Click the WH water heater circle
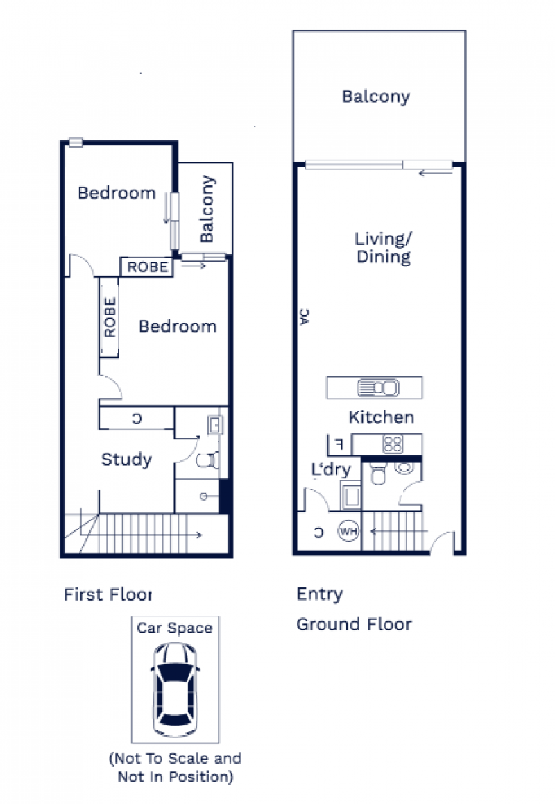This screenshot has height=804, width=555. pyautogui.click(x=348, y=531)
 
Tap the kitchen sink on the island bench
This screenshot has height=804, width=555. pyautogui.click(x=377, y=387)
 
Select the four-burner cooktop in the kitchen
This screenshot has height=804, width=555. pyautogui.click(x=393, y=444)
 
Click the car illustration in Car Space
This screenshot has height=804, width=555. pyautogui.click(x=176, y=689)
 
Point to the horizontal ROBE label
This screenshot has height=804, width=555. pyautogui.click(x=148, y=267)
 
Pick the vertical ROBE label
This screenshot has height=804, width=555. pyautogui.click(x=110, y=317)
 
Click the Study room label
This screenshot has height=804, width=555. pyautogui.click(x=126, y=460)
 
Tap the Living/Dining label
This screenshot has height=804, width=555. pyautogui.click(x=384, y=248)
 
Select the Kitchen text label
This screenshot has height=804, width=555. pyautogui.click(x=382, y=417)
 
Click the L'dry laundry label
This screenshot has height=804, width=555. pyautogui.click(x=331, y=469)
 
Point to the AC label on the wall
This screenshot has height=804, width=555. pyautogui.click(x=305, y=317)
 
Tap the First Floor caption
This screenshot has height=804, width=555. pyautogui.click(x=108, y=594)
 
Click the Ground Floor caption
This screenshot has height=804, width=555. pyautogui.click(x=354, y=625)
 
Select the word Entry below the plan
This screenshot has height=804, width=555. pyautogui.click(x=320, y=594)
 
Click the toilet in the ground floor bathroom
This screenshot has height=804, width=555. pyautogui.click(x=378, y=473)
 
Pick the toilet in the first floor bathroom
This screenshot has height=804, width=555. pyautogui.click(x=207, y=460)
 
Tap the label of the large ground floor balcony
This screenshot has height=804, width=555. pyautogui.click(x=376, y=97)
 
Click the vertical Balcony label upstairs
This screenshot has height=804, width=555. pyautogui.click(x=207, y=209)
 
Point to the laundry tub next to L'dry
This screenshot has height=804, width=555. pyautogui.click(x=351, y=495)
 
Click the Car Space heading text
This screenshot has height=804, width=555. pyautogui.click(x=175, y=628)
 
